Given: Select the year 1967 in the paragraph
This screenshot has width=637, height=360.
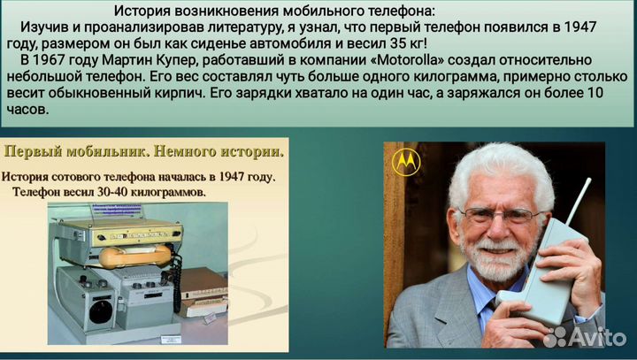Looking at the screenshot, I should coord(64,59).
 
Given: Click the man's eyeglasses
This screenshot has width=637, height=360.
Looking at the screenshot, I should coord(499,215).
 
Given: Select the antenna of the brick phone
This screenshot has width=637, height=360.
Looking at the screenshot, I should coord(577,203).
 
